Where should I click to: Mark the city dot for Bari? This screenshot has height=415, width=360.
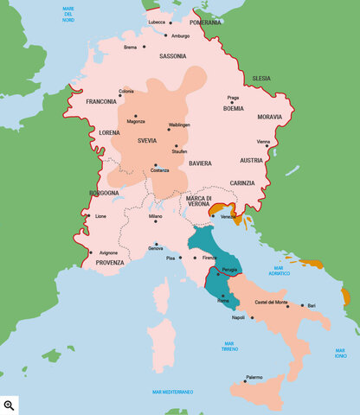pyautogui.click(x=301, y=305)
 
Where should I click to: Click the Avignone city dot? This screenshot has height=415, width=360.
pyautogui.click(x=91, y=252)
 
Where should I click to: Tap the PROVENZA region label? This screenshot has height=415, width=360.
pyautogui.click(x=110, y=262)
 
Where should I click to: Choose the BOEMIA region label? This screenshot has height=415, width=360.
pyautogui.click(x=235, y=109)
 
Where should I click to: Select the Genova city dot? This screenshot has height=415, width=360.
pyautogui.click(x=156, y=244)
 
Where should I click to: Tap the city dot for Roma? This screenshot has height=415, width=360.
pyautogui.click(x=222, y=296)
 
